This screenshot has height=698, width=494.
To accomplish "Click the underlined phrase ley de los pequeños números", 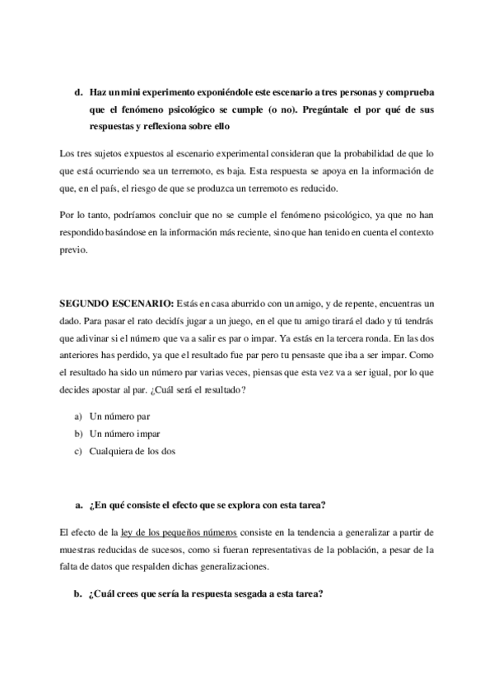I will point(176,533).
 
